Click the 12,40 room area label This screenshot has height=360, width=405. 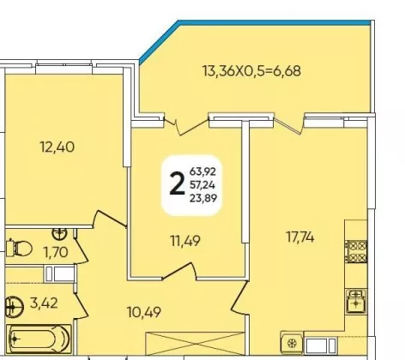click(57, 147)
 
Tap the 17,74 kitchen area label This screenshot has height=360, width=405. click(300, 237)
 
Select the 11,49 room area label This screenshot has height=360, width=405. click(185, 241)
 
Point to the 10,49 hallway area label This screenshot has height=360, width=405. click(144, 312)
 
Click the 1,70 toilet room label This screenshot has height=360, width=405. click(56, 252)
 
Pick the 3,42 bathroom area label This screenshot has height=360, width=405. click(44, 303)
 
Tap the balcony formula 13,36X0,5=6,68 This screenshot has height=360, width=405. click(251, 71)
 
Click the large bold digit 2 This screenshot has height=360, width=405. click(177, 184)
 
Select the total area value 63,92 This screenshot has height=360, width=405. click(202, 171)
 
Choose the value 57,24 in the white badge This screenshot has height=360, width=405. click(202, 185)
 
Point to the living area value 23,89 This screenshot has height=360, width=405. click(203, 198)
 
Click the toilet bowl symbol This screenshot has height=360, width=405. click(20, 248)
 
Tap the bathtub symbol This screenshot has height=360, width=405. click(39, 339)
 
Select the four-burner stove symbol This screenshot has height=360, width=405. click(356, 251)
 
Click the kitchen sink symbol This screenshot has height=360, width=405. click(355, 302)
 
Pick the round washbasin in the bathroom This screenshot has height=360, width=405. click(15, 307)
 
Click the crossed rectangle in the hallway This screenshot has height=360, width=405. click(195, 343)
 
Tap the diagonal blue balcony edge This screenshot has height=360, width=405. click(159, 42)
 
